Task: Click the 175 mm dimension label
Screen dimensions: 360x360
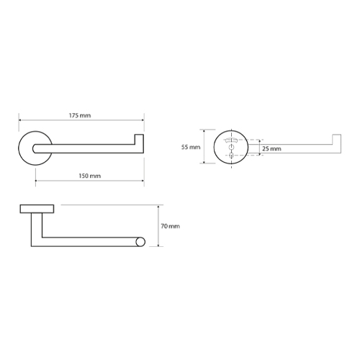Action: pos(80,115)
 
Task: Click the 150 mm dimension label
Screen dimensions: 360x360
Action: pos(90,176)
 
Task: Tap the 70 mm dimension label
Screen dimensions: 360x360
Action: pos(170,226)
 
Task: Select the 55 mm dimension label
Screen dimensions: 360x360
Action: pos(191,147)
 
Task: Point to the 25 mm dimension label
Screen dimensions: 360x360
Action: pos(271,149)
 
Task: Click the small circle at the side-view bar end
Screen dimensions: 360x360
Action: pos(140,242)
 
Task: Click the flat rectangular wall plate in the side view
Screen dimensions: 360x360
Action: pos(37,209)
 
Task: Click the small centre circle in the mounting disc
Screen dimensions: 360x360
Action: pos(231,147)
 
